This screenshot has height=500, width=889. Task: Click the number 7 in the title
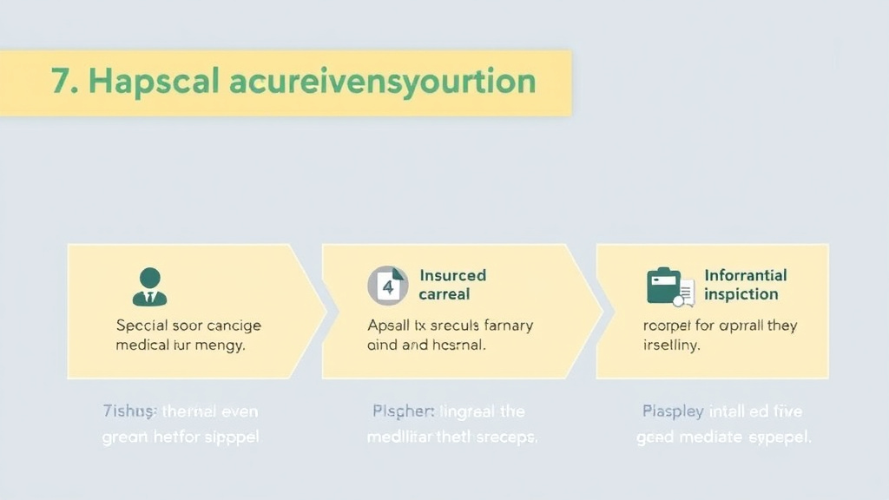click(61, 82)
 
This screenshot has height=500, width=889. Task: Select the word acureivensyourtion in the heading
click(382, 82)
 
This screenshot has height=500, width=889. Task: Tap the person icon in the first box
click(149, 286)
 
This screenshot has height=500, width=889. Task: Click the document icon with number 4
click(387, 286)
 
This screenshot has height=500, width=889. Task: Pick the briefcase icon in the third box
click(665, 286)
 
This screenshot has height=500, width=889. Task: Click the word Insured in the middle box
click(453, 275)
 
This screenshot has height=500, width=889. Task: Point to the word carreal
click(444, 294)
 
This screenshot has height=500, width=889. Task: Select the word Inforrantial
click(745, 275)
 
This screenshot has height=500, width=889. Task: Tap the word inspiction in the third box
click(741, 294)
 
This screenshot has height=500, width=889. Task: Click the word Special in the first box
click(142, 326)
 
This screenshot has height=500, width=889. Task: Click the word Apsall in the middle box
click(391, 326)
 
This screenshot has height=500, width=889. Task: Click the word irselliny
click(671, 345)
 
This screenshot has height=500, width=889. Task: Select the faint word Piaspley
click(673, 411)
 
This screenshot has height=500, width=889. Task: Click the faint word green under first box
click(125, 437)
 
